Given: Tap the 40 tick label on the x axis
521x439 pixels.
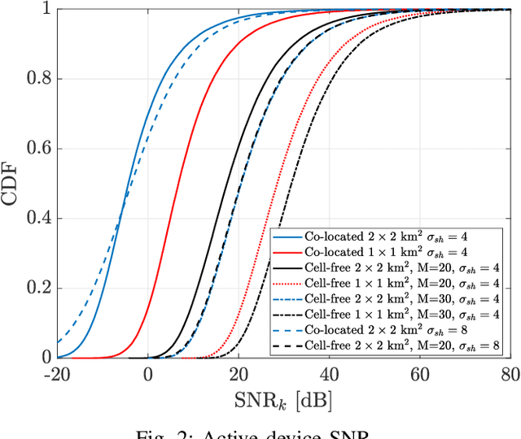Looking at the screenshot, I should click(330, 375).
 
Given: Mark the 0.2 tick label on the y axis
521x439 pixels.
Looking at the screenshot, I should click(38, 288).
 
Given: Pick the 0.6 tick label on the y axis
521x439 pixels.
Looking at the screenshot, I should click(38, 149).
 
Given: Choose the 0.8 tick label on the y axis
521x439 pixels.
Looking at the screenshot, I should click(38, 80).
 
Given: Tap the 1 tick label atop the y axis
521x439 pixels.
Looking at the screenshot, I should click(46, 10).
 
